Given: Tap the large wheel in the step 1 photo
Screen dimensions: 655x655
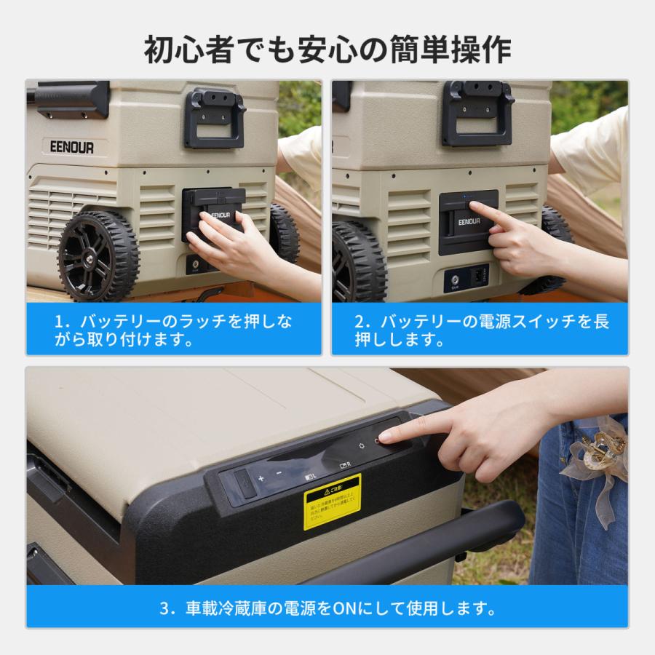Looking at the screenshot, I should click(x=98, y=255).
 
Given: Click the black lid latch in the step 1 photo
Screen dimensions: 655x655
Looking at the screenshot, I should click(x=214, y=117).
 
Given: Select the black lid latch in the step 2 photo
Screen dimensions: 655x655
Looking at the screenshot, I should click(x=477, y=113).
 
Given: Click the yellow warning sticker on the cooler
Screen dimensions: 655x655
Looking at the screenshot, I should click(x=332, y=501).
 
